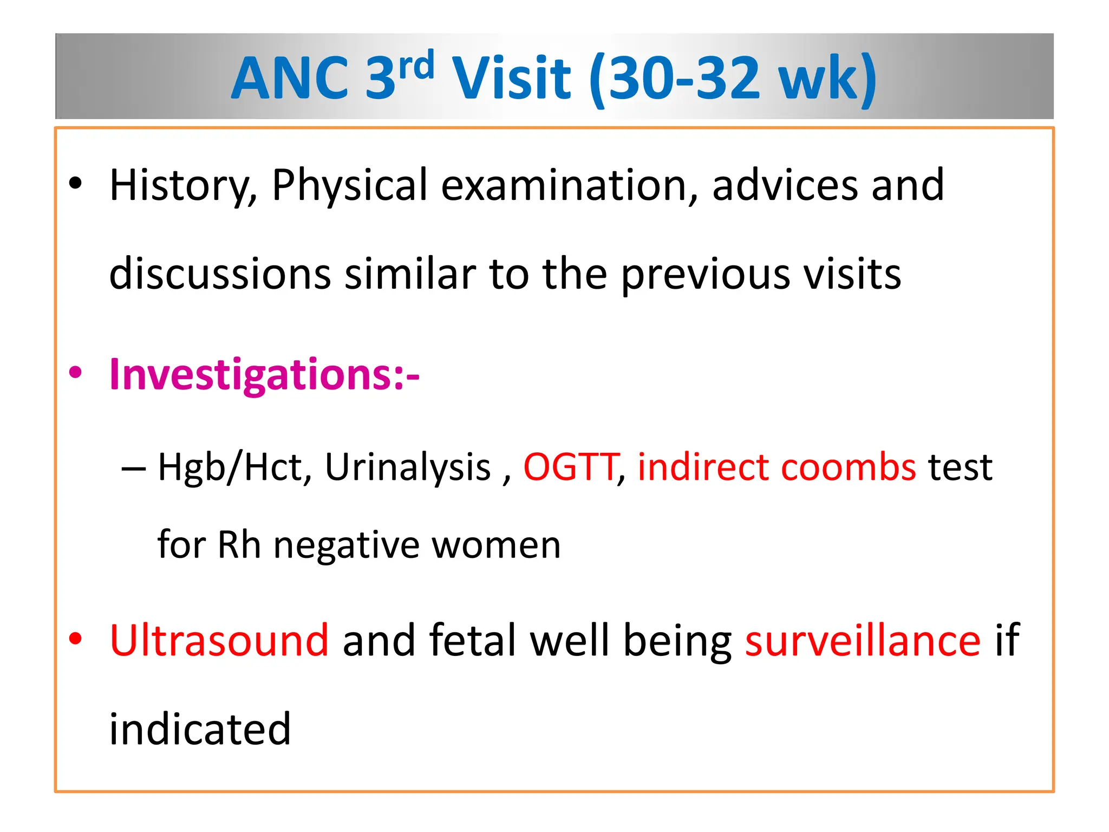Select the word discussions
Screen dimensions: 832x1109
(220, 274)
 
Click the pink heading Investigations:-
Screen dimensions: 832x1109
(264, 375)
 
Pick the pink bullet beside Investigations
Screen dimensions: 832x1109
(76, 373)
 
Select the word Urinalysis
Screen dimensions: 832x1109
(407, 467)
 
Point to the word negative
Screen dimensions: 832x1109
(347, 545)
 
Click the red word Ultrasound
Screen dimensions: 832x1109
(219, 641)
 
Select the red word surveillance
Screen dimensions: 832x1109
(863, 641)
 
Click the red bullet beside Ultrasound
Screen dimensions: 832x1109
(76, 639)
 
